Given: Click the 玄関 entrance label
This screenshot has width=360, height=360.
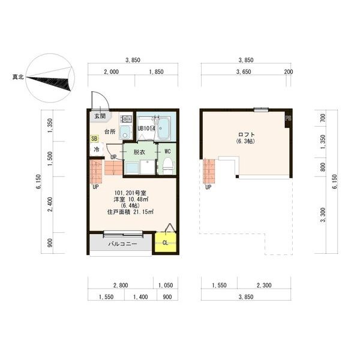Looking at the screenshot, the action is pos(100,116).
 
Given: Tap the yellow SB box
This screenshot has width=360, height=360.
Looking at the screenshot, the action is pos(94,139).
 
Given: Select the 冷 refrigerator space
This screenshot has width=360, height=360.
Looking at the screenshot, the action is pos(97,149).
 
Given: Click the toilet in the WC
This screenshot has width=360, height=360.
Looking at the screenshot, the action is pos(168,165).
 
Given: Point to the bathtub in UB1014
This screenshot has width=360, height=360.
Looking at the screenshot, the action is pos(164,128).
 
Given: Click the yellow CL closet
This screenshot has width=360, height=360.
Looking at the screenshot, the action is pos(166,242).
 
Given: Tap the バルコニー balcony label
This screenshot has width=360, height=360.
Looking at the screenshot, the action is pos(122,244).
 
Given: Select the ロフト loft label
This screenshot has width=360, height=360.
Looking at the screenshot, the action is pos(247,134).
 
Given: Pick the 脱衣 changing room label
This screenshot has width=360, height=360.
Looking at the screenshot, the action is pos(139,152).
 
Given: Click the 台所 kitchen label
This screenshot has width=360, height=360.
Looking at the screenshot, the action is pos(110,131).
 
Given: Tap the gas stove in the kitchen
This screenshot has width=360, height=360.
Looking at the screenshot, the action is pos(126,118).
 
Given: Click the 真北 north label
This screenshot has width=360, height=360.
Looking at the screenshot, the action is pos(18,77).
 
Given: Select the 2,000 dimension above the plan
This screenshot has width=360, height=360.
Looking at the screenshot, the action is pos(112,72).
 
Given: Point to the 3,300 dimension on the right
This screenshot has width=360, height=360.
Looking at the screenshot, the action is pos(323,215).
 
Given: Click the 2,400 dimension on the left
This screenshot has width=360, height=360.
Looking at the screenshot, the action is pos(50,205).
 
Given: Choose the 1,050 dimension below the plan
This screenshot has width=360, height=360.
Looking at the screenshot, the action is pos(166,285).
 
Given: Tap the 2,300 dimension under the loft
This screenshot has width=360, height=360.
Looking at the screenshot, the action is pos(264,285).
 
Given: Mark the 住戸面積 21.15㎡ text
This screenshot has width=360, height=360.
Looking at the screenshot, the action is pos(130,212).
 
